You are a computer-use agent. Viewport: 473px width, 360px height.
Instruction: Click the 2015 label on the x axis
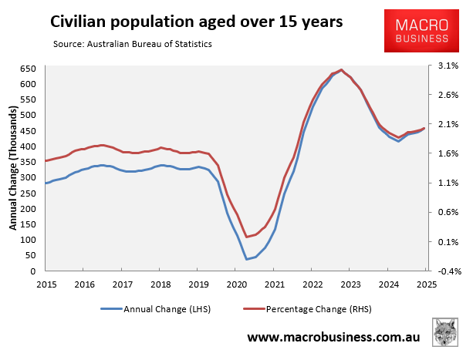(46, 284)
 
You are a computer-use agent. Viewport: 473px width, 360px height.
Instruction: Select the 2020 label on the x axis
(236, 284)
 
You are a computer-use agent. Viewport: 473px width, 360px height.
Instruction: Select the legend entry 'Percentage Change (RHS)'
(309, 310)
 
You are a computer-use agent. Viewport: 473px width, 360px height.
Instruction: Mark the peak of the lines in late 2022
(342, 69)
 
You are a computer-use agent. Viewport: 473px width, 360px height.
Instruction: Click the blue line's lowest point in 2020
(247, 259)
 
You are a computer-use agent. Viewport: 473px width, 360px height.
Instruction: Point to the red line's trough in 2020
(247, 237)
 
